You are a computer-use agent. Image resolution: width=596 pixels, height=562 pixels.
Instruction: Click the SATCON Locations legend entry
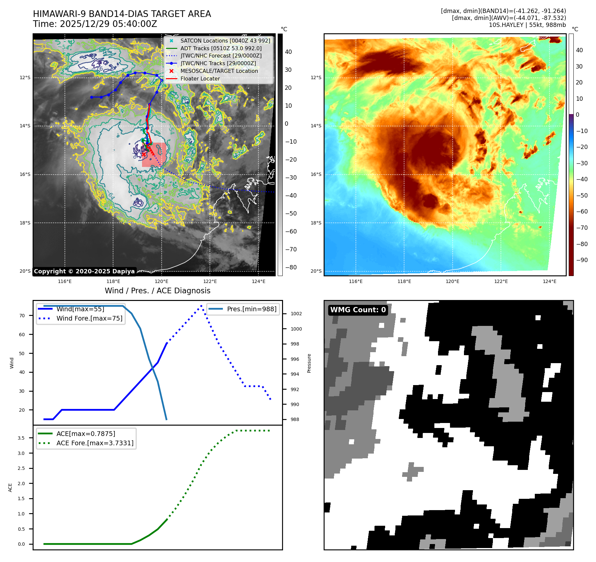coord(225,41)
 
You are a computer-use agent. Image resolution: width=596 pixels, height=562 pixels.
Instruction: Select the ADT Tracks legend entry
coord(221,48)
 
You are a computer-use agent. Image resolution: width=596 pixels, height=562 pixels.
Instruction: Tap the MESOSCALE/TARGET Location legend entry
coord(219,71)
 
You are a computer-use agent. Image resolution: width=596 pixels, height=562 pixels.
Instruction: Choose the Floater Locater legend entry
coord(200,78)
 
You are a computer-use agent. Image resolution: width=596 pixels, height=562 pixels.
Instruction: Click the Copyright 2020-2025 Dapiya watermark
coord(84,271)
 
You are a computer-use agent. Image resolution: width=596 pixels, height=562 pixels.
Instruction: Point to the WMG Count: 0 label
coord(358,310)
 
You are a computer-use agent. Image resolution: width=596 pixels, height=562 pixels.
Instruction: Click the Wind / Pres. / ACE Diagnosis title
coord(157,291)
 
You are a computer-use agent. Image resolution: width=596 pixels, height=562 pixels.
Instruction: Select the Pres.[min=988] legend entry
coord(251,309)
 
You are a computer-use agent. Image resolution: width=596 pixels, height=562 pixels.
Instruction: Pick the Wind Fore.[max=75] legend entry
coord(89,318)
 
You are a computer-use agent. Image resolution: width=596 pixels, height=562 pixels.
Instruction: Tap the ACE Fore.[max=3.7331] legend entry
coord(95,443)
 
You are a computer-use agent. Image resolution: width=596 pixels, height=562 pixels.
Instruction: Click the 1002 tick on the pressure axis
coord(296,314)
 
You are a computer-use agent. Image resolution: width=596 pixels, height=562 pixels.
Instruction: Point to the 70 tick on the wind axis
coord(22,316)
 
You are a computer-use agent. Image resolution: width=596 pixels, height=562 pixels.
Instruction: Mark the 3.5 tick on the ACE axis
coord(21,438)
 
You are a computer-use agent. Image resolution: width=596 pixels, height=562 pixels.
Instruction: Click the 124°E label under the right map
coord(549,281)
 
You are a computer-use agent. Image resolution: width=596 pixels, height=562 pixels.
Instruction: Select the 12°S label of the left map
coord(25,77)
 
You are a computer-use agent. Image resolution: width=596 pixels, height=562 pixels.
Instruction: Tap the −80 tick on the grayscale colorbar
coord(291,267)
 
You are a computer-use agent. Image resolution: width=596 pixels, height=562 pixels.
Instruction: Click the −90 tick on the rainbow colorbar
coord(582,260)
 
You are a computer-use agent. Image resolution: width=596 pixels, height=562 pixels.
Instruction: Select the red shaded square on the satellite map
coord(154,155)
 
